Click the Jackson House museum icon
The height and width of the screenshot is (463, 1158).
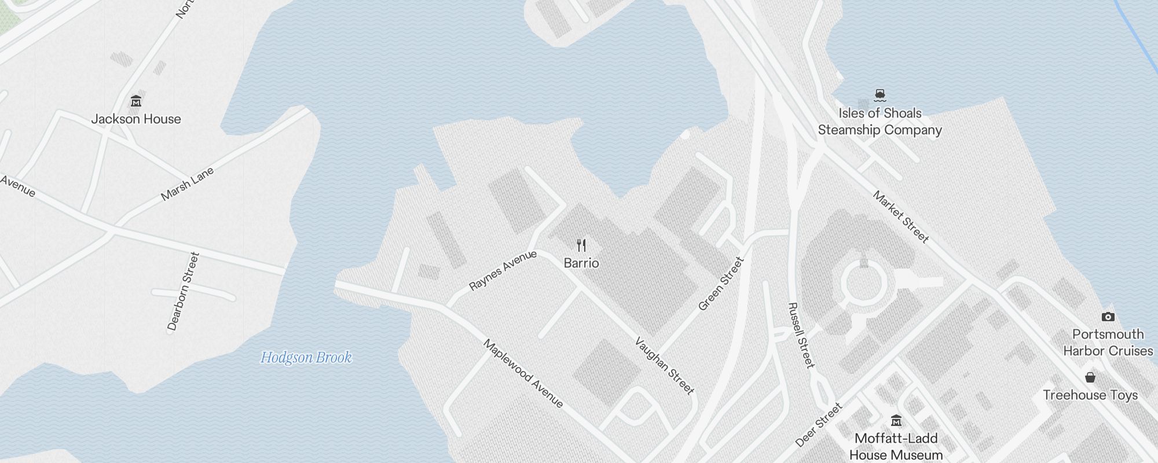[136, 101]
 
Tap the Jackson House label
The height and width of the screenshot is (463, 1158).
[136, 119]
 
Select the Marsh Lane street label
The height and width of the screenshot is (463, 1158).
[187, 183]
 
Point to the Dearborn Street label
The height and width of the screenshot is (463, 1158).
[183, 291]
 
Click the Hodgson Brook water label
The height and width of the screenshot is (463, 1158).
[306, 358]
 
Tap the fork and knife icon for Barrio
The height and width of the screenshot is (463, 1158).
[581, 245]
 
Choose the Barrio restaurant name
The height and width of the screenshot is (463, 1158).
[581, 263]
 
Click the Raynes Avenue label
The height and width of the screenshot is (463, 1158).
[503, 270]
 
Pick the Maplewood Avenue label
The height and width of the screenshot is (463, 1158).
[523, 373]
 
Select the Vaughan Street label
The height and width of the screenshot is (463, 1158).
[664, 366]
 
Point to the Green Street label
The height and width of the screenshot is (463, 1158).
[720, 284]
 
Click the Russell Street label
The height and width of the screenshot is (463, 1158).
[801, 335]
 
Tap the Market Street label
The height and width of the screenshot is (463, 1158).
[900, 216]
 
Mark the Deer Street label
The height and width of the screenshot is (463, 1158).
[819, 425]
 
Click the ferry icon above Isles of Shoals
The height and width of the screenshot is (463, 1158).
[880, 95]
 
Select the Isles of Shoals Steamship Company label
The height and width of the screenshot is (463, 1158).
[880, 122]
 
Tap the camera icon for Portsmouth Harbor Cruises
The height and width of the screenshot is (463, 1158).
[1108, 317]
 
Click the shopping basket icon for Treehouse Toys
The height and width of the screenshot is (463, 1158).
[1090, 377]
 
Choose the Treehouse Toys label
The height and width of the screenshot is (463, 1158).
[1090, 395]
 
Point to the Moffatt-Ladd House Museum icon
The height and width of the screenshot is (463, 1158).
[896, 420]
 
